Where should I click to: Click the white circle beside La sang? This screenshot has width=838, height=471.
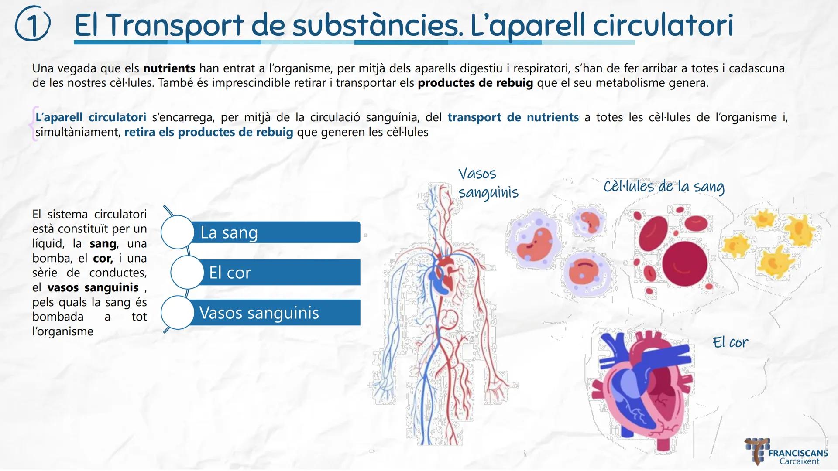click(177, 232)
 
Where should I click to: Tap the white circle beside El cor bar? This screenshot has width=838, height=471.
click(187, 273)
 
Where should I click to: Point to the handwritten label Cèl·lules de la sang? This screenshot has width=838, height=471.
click(663, 187)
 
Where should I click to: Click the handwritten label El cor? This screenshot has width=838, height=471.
click(730, 342)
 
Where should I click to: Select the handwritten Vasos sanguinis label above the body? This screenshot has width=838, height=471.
click(488, 183)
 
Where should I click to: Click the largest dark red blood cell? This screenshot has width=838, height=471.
click(684, 264)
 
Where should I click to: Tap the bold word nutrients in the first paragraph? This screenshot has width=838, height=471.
click(169, 68)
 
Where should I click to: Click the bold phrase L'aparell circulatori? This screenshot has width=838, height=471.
click(91, 117)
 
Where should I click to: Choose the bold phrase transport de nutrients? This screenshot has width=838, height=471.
click(513, 117)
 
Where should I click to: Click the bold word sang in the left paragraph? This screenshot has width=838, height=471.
click(103, 244)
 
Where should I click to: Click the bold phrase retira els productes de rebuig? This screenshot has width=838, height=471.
click(209, 132)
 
